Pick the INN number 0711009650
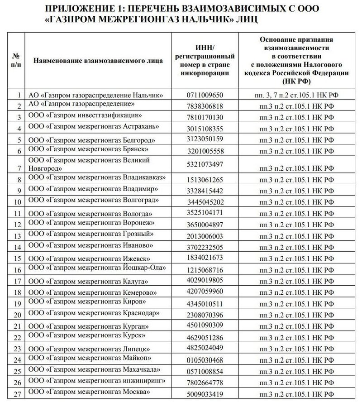pyautogui.click(x=205, y=96)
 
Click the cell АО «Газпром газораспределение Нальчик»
pyautogui.click(x=95, y=95)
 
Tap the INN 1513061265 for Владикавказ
pyautogui.click(x=205, y=180)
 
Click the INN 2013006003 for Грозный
pyautogui.click(x=205, y=236)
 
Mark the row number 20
pyautogui.click(x=18, y=315)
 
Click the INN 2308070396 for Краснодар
pyautogui.click(x=205, y=315)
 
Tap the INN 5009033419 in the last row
pyautogui.click(x=205, y=394)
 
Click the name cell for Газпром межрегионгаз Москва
pyautogui.click(x=89, y=392)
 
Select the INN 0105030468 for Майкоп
pyautogui.click(x=205, y=360)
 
